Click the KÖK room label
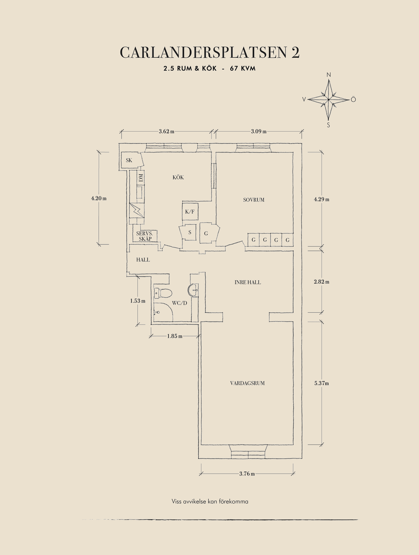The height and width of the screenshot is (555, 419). tap(178, 177)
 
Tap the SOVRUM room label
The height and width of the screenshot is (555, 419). tap(254, 200)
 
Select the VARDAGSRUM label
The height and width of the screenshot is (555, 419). tap(247, 383)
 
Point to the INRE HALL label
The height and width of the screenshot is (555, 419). tap(248, 282)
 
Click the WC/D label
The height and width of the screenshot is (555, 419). tap(179, 303)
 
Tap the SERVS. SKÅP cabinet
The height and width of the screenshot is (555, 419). tap(145, 236)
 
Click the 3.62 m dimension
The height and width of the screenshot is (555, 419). tap(167, 132)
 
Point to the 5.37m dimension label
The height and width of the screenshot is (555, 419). tap(321, 383)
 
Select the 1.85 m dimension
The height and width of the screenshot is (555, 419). tap(175, 336)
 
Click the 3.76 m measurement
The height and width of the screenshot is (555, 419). tap(247, 474)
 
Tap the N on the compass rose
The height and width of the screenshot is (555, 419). tap(329, 75)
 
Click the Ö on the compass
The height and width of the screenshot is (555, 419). tap(353, 99)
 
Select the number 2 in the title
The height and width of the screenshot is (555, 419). tap(295, 53)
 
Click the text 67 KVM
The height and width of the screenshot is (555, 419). tap(243, 69)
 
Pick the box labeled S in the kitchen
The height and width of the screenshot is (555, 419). tap(190, 232)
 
